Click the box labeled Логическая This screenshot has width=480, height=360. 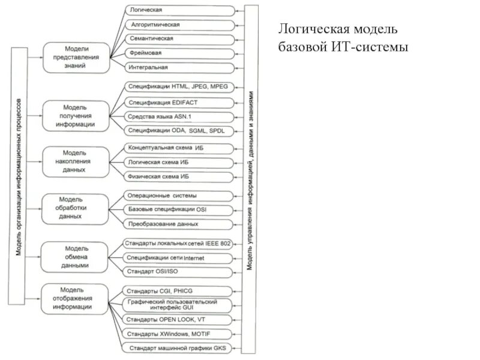pos(178,11)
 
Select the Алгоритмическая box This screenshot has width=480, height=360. pos(178,25)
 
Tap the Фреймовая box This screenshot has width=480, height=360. pos(178,53)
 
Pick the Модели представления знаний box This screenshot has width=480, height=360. pos(76,58)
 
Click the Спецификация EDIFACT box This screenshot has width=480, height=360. pos(178,101)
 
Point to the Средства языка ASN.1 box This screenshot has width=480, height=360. pos(178,116)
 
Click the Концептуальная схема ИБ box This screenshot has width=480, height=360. pos(178,147)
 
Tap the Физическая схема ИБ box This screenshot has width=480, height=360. pos(178,176)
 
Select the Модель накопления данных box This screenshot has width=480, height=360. pos(76,161)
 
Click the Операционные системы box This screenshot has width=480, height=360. pos(178,195)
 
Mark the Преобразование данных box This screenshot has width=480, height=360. pos(178,224)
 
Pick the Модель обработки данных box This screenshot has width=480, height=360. pos(76,207)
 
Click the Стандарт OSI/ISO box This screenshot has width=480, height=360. pos(178,272)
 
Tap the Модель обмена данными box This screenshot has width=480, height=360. pos(76,256)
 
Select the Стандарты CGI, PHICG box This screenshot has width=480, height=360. pos(178,290)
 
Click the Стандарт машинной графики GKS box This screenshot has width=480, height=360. pos(178,348)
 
